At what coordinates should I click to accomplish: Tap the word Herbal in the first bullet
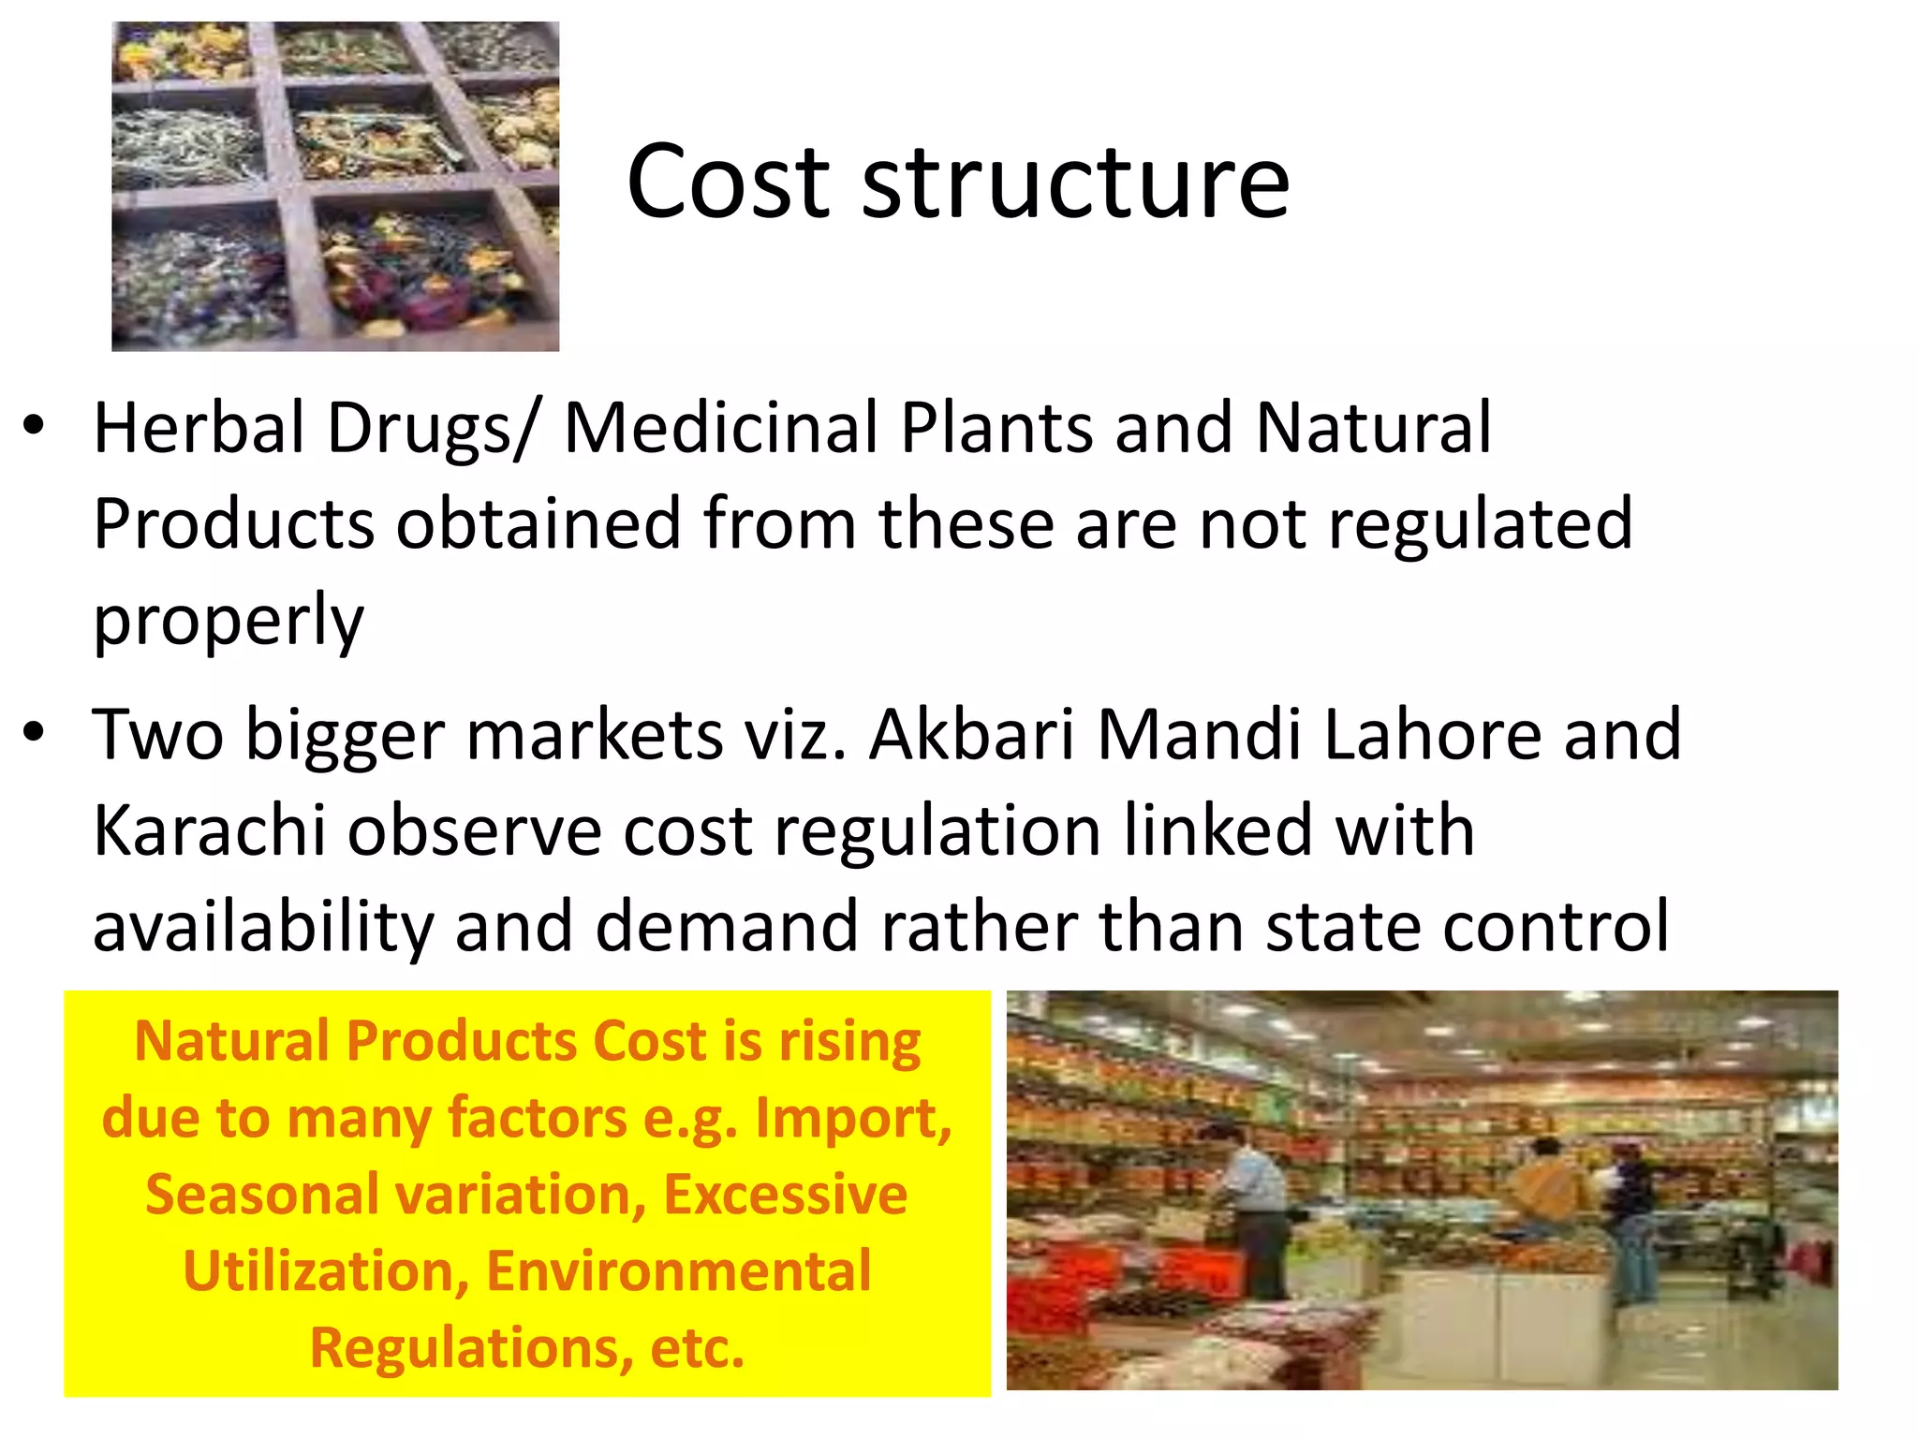[199, 428]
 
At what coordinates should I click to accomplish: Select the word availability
[263, 927]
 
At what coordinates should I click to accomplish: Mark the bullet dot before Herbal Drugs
[35, 426]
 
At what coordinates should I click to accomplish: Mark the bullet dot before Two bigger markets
[35, 732]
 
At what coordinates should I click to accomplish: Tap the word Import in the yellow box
[853, 1119]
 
